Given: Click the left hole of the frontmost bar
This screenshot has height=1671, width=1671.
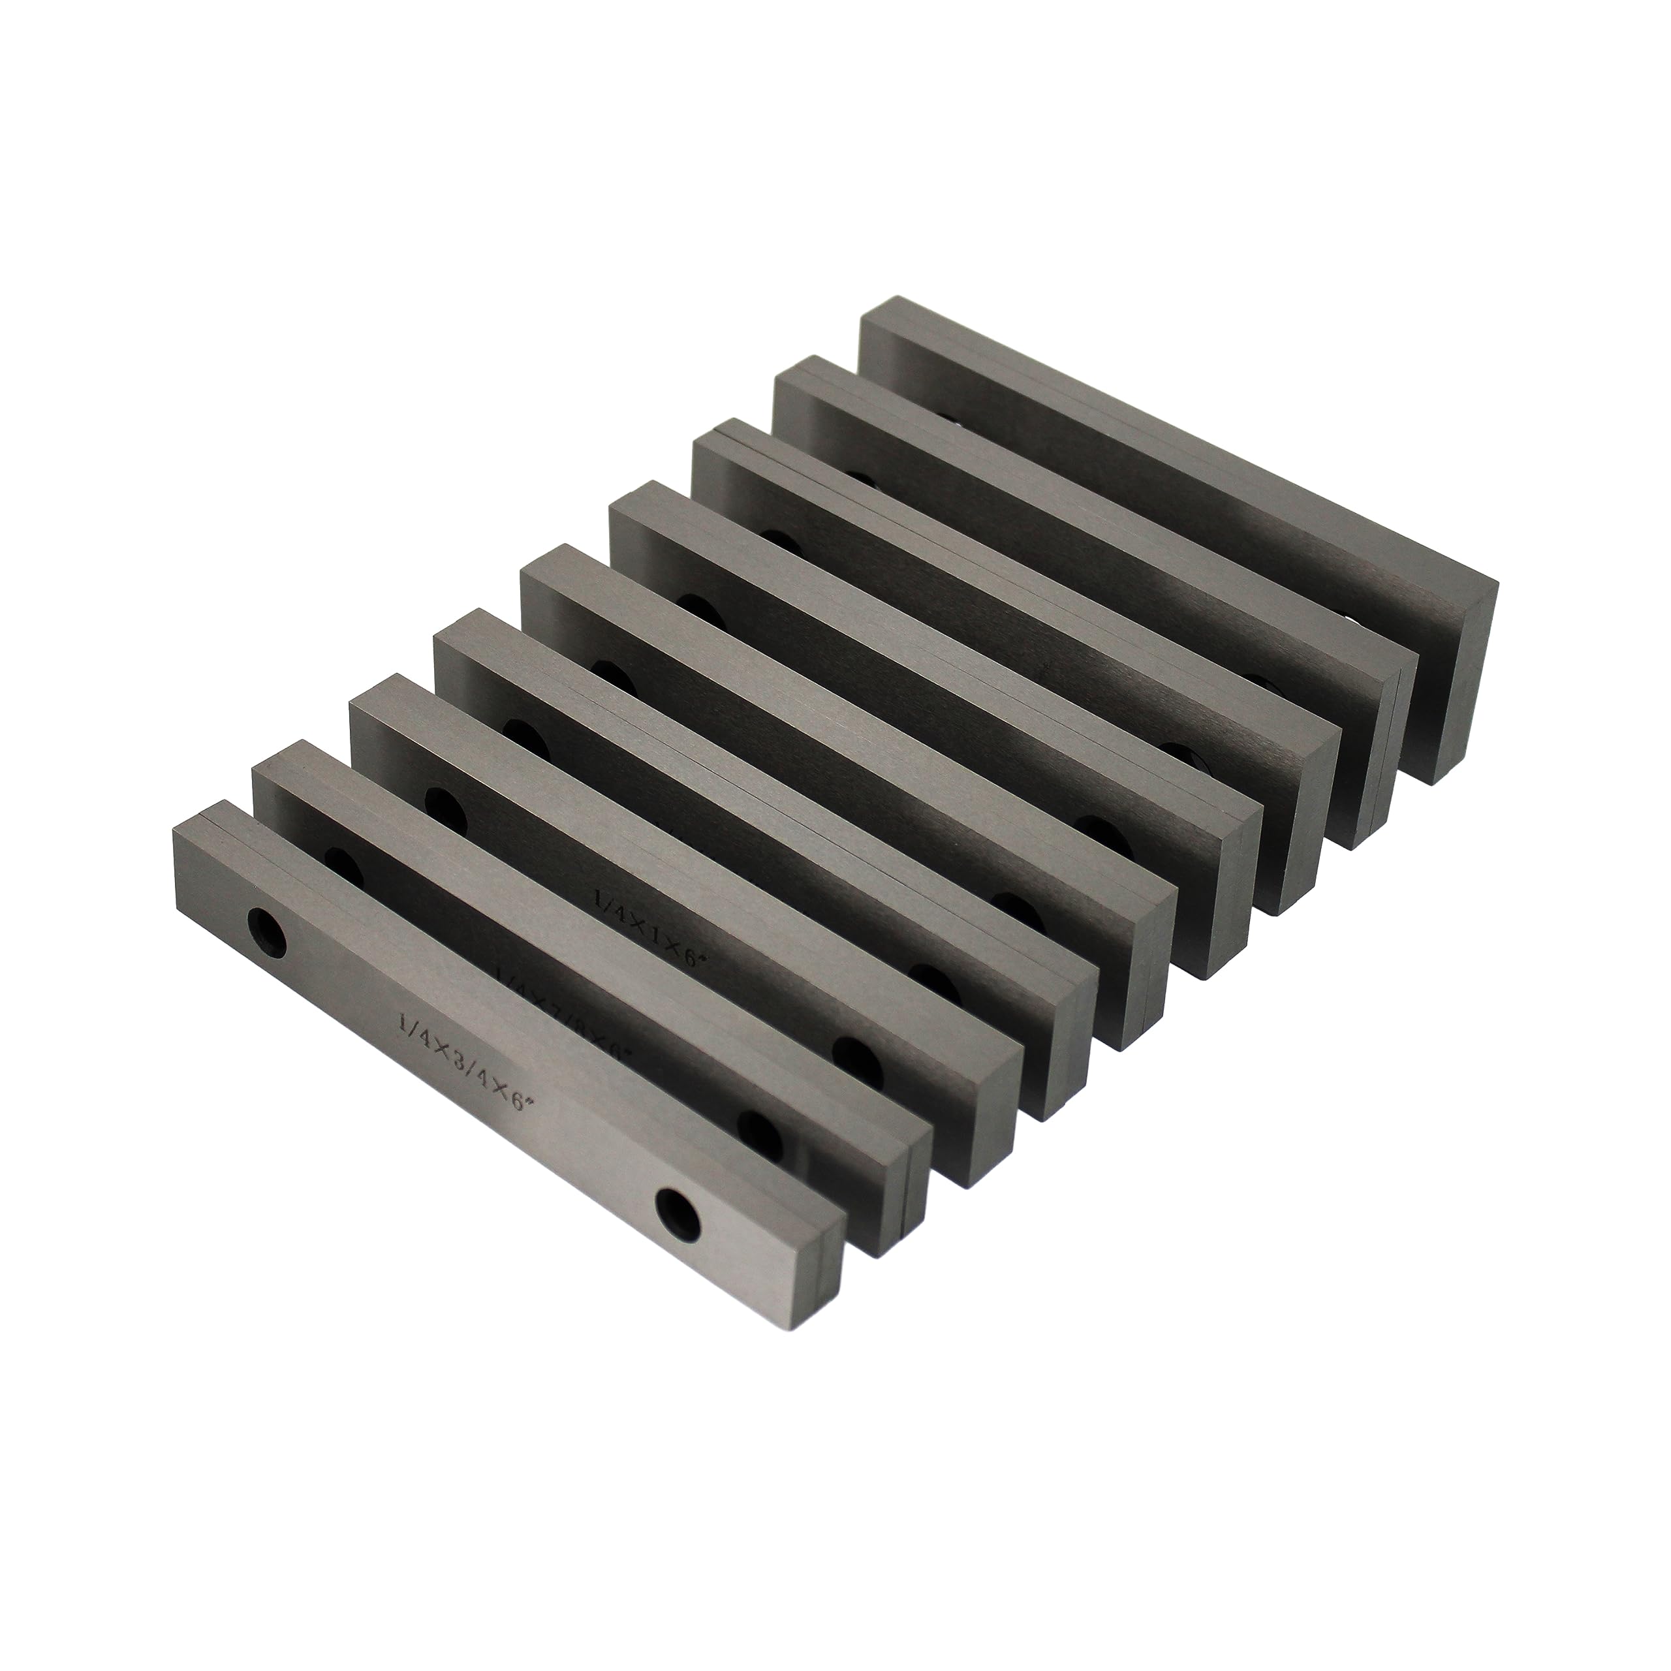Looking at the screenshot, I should click(x=266, y=932).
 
